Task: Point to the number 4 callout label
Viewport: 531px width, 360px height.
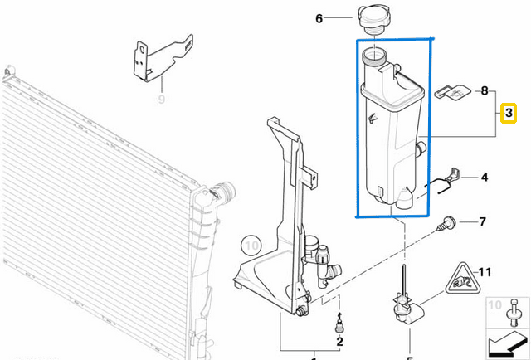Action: [x=485, y=178]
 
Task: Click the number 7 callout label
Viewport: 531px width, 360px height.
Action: [x=483, y=222]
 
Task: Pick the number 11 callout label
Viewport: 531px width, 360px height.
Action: [x=485, y=271]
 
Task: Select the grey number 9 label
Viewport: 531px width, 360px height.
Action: [x=162, y=100]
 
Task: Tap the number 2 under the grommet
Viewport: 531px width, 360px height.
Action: [x=339, y=341]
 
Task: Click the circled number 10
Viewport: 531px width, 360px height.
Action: [x=251, y=245]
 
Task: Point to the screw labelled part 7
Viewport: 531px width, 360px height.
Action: [x=450, y=222]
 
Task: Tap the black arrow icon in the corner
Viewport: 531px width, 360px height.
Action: [x=507, y=341]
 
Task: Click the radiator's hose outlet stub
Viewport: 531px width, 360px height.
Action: [x=223, y=192]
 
